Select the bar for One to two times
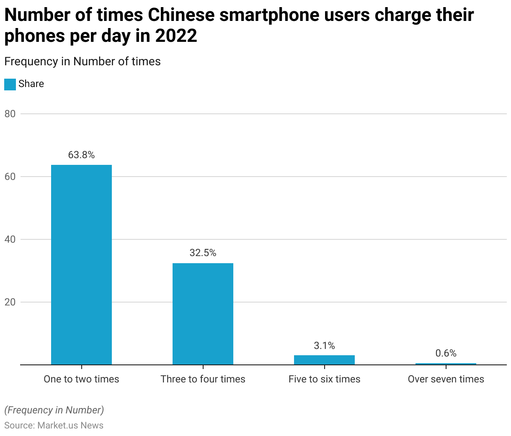(x=81, y=264)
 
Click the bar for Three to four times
(x=203, y=314)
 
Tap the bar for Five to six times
(x=324, y=360)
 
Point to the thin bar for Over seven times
(x=446, y=364)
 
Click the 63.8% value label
(x=81, y=155)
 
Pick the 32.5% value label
(x=203, y=253)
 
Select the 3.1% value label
(x=324, y=346)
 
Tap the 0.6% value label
(x=446, y=353)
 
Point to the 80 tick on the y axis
(x=10, y=114)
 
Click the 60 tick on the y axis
(x=10, y=177)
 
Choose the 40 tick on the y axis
(x=10, y=239)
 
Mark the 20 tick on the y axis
(x=10, y=302)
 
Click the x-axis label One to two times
(x=81, y=379)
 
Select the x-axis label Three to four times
(x=203, y=379)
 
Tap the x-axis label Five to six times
(x=324, y=379)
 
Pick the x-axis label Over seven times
(x=446, y=379)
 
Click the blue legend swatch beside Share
(x=10, y=84)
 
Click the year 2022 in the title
(x=176, y=36)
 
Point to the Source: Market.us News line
(x=54, y=426)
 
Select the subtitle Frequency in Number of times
(x=83, y=62)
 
